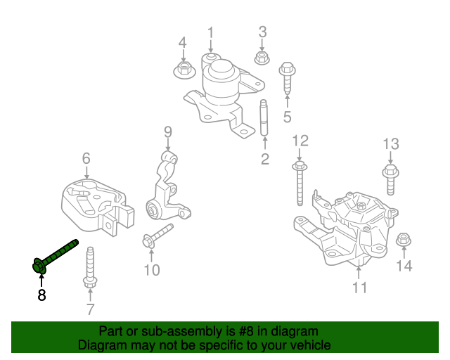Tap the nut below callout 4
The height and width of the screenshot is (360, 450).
tap(183, 69)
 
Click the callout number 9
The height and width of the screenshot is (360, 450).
tap(168, 131)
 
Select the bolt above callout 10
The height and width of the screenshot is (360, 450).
tap(159, 235)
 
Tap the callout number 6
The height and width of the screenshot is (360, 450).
tap(86, 158)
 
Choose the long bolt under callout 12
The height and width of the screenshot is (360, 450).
tap(300, 183)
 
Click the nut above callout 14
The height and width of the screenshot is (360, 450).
tap(404, 239)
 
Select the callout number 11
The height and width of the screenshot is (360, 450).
tap(360, 287)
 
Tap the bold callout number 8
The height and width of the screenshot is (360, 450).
tap(41, 295)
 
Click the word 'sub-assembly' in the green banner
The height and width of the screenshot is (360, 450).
tap(170, 331)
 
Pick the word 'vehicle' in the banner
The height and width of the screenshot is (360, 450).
tap(307, 345)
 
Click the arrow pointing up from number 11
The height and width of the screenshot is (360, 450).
tap(360, 271)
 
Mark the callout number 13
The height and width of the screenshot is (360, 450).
tap(391, 144)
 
